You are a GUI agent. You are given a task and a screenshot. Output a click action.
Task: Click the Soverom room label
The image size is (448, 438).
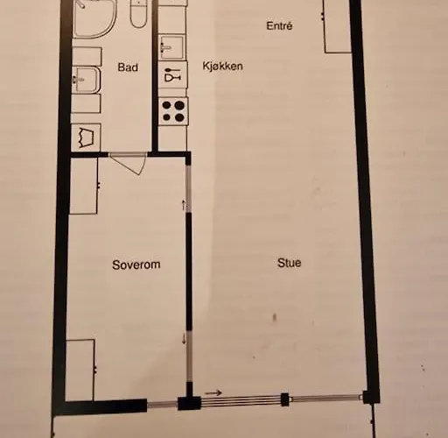(136, 265)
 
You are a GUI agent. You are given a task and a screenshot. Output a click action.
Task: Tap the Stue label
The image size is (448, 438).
(289, 263)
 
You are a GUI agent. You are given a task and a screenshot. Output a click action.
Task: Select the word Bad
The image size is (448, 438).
(128, 67)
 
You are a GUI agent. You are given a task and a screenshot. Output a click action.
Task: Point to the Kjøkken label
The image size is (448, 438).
(222, 66)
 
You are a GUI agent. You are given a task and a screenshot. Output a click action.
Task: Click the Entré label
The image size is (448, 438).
(279, 25)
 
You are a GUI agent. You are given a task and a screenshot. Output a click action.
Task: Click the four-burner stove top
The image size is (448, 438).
(173, 111)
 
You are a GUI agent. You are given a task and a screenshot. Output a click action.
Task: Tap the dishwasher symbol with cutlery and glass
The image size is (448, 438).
(172, 74)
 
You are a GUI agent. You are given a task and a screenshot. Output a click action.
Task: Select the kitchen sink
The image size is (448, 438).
(171, 47)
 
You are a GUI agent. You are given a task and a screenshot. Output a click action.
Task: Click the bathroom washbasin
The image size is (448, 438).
(87, 80)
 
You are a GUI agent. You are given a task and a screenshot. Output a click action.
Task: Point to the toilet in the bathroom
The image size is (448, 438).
(138, 13)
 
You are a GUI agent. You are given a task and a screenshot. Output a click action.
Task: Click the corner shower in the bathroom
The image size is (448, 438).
(94, 19)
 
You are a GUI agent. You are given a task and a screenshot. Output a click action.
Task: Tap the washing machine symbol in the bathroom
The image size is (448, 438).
(86, 137)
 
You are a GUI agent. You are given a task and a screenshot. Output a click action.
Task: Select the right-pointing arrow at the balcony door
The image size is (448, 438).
(213, 393)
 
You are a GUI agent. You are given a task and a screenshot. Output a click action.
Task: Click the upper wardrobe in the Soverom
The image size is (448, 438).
(84, 186)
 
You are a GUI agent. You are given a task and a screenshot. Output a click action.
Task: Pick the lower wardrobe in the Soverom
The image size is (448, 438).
(80, 370)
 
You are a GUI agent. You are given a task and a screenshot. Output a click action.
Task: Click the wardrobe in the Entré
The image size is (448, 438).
(337, 26)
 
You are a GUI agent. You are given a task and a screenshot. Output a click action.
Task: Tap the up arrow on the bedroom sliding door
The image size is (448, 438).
(184, 205)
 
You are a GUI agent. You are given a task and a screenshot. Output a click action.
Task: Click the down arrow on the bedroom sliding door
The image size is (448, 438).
(184, 339)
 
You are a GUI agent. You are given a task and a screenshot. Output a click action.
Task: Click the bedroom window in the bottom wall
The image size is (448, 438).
(163, 405)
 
